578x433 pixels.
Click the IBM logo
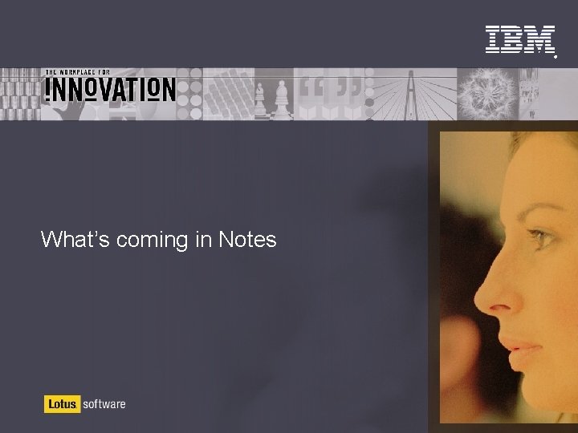coord(520,39)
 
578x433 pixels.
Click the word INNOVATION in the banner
coord(109,89)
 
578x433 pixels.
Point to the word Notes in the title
coord(247,239)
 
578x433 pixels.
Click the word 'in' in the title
coord(202,239)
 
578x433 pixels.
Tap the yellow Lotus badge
coord(61,404)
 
